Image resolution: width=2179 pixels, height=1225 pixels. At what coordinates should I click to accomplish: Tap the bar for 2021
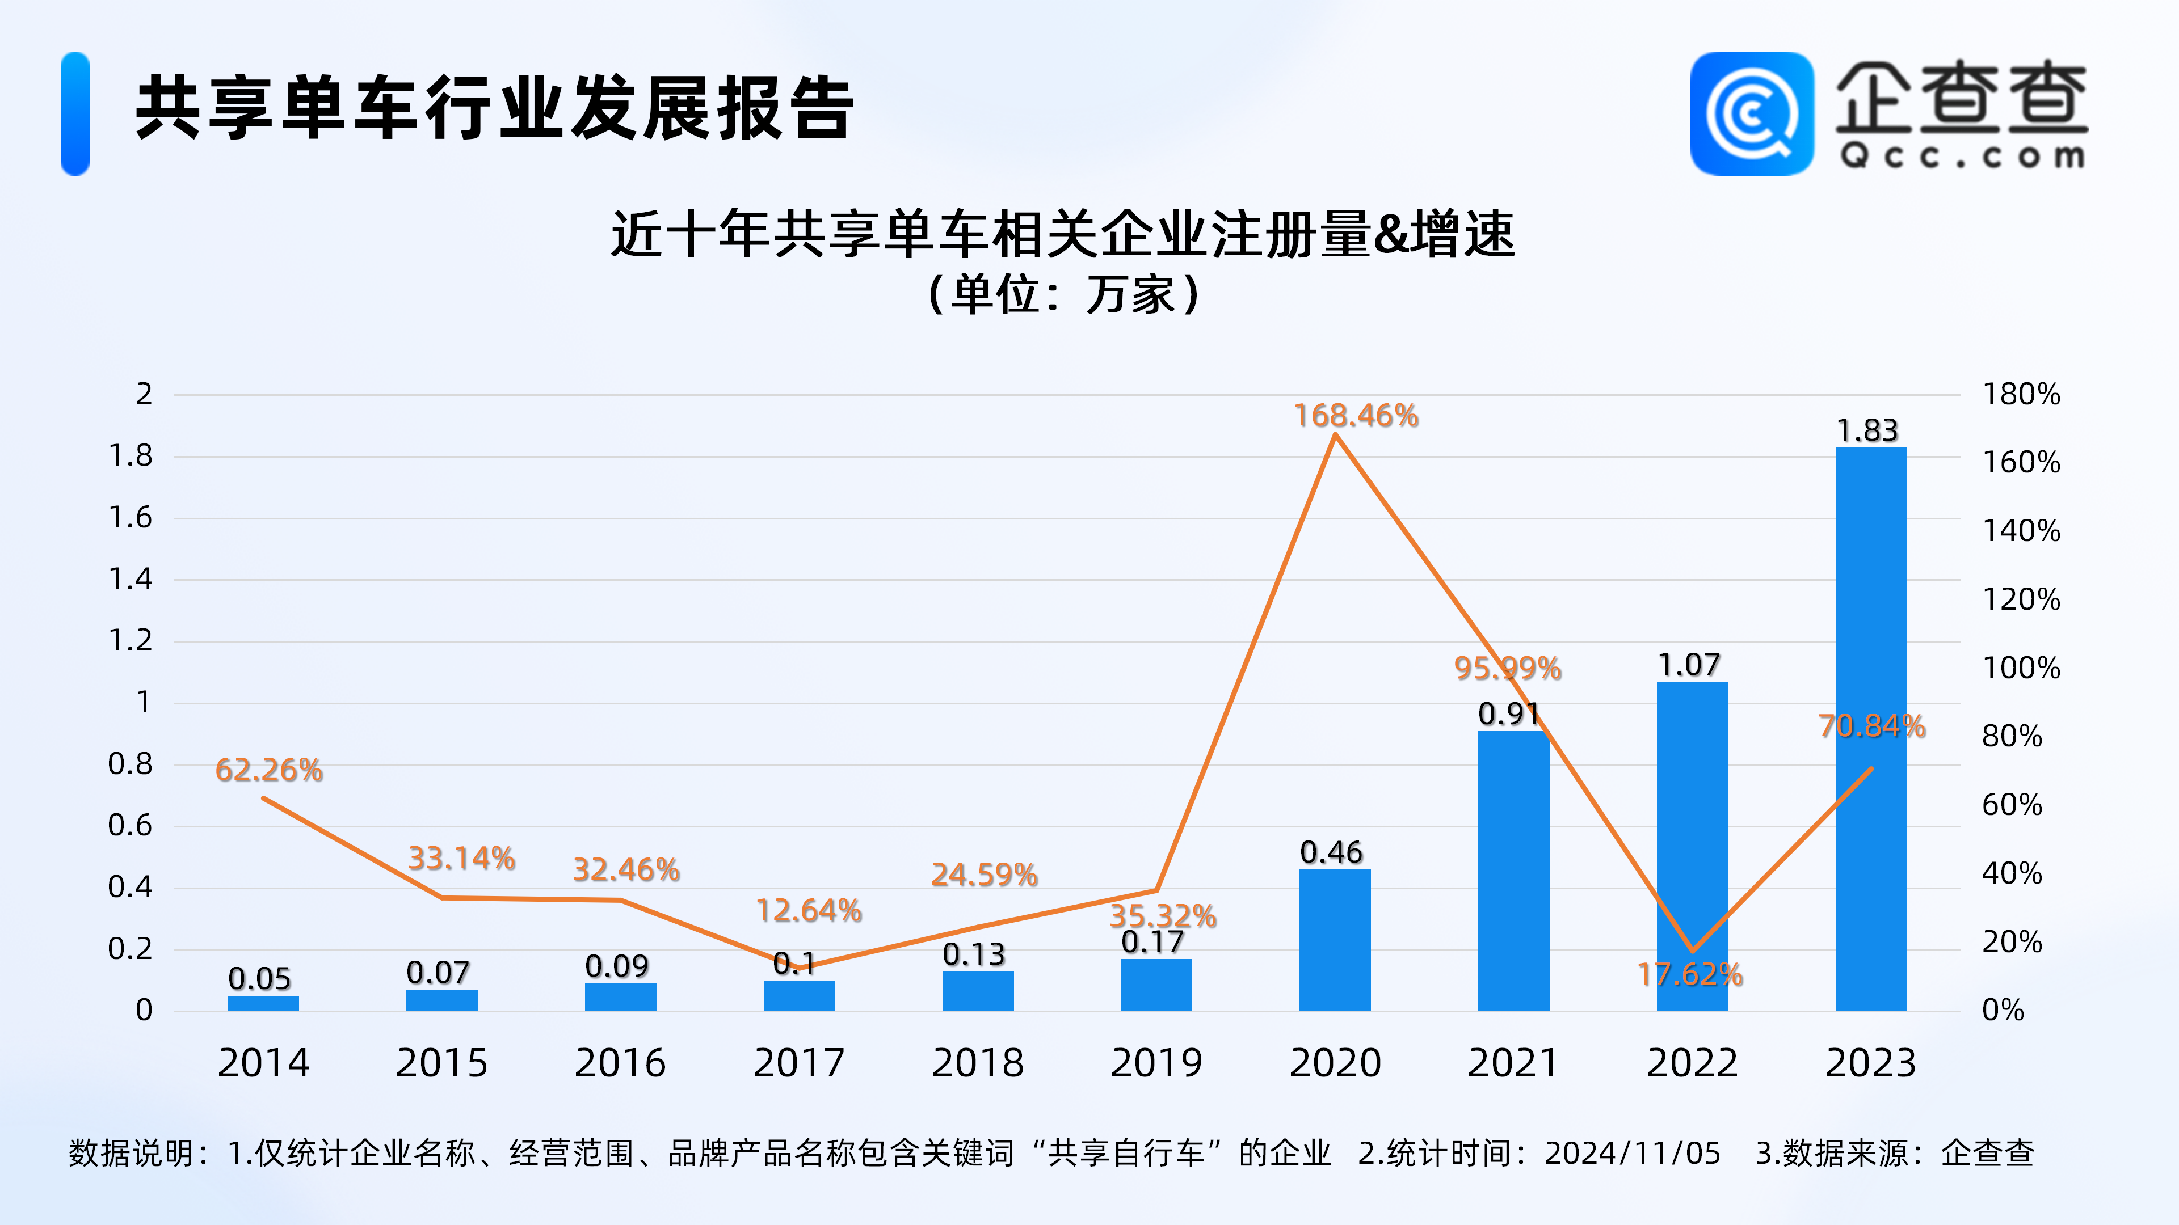[x=1513, y=871]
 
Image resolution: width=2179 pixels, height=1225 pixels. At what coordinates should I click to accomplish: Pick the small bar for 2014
[x=263, y=1003]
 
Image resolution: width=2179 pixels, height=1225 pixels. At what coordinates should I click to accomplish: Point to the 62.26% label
[x=269, y=770]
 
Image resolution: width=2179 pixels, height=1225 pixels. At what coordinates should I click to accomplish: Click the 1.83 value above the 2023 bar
[x=1867, y=430]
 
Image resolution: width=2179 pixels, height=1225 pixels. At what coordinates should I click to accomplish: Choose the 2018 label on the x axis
[x=978, y=1063]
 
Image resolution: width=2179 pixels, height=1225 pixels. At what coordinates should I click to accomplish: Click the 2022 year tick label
[x=1692, y=1063]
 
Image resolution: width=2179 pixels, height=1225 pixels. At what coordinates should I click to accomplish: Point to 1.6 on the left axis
[x=131, y=517]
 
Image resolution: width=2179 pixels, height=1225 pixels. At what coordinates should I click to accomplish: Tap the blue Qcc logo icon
[x=1752, y=113]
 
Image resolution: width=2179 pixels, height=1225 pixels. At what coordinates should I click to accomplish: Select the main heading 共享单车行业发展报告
[x=495, y=108]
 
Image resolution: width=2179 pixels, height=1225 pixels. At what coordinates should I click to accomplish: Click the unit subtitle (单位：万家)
[x=1063, y=295]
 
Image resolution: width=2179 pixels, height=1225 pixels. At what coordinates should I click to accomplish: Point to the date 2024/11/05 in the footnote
[x=1633, y=1153]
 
